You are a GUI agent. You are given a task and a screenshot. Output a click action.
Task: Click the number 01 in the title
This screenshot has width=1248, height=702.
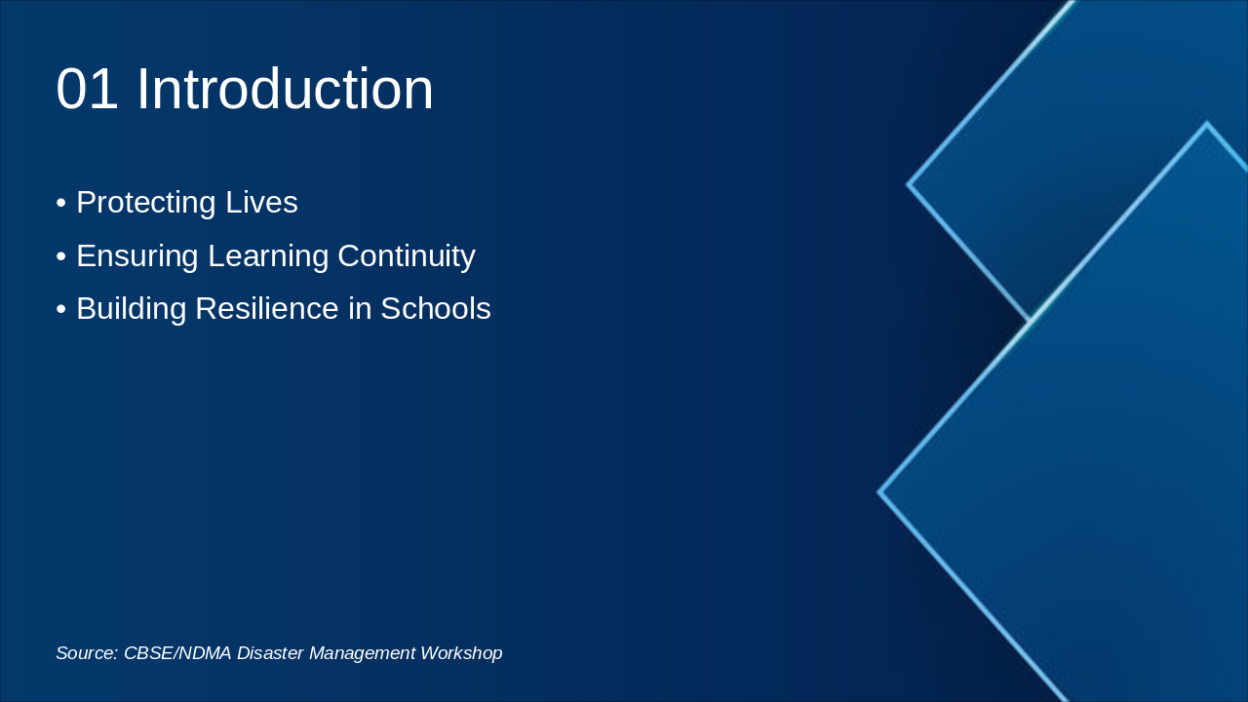click(87, 89)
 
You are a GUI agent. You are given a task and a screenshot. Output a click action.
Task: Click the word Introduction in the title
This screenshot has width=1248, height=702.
click(285, 89)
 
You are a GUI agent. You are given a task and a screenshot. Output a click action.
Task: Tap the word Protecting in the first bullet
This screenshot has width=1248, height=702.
click(146, 203)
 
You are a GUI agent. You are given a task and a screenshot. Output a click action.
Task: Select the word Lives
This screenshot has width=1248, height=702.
click(261, 202)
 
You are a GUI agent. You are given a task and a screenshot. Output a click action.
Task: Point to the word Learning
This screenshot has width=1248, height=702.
click(268, 256)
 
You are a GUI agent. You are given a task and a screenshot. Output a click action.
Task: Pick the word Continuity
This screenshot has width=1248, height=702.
click(407, 256)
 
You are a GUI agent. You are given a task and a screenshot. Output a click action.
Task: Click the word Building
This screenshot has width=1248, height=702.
click(131, 309)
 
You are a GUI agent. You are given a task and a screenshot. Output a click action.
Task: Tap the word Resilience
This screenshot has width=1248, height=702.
click(267, 309)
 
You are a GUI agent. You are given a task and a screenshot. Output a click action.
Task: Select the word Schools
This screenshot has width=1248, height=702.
click(436, 309)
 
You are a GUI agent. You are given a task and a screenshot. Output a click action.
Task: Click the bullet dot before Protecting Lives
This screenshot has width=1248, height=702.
click(61, 204)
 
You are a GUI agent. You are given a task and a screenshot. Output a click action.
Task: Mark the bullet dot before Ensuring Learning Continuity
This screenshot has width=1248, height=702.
click(61, 256)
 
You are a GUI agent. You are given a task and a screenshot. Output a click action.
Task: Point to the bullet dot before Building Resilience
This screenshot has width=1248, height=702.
click(61, 310)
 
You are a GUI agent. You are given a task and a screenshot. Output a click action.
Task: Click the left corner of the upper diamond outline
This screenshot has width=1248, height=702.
click(908, 184)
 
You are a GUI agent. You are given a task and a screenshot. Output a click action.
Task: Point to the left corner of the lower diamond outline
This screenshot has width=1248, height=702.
click(879, 492)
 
